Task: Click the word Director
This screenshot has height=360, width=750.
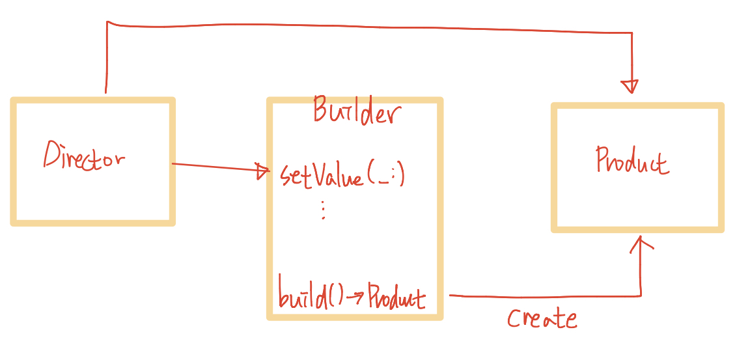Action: click(84, 156)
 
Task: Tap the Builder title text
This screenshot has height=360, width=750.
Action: click(354, 111)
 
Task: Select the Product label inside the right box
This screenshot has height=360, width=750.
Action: click(632, 161)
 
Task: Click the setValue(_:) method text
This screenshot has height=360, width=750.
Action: click(342, 175)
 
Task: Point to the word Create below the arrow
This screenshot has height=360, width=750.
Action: click(542, 318)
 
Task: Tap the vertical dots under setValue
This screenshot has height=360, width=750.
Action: click(323, 210)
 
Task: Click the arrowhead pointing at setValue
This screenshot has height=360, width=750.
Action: click(264, 171)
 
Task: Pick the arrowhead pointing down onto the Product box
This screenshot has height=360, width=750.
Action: click(630, 87)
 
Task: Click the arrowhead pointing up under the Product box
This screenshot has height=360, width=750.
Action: click(641, 244)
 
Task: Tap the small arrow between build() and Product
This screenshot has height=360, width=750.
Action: click(355, 298)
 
